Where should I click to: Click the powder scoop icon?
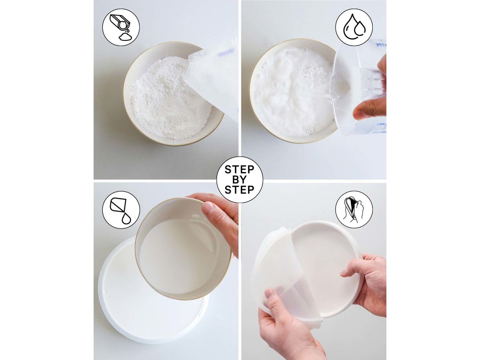coord(121,27)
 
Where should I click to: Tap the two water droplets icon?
coord(354,27)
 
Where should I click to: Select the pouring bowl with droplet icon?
coord(121,210)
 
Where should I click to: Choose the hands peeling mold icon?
coord(354,209)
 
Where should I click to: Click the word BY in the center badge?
coord(239,180)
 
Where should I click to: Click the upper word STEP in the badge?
coord(239,170)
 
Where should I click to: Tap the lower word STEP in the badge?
coord(239,190)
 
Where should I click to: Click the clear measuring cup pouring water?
coord(359,88)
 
